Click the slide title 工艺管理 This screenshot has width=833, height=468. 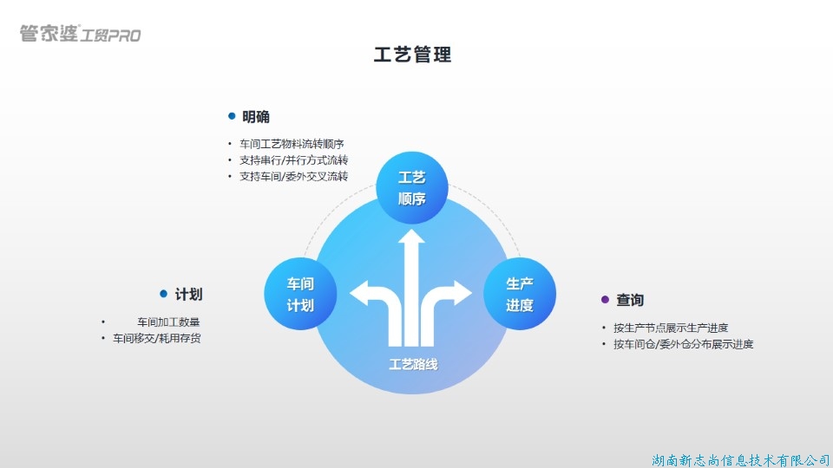point(412,55)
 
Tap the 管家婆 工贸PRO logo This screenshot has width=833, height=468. point(80,35)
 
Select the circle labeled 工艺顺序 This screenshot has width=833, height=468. point(412,188)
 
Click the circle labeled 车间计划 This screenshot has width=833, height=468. point(300,294)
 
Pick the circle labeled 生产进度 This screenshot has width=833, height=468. point(519,294)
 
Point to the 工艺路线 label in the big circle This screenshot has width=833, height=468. point(413,365)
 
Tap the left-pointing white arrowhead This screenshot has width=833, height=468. point(358,293)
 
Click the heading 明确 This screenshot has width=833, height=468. point(255,117)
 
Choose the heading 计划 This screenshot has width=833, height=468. point(188,295)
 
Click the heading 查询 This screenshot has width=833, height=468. point(630,300)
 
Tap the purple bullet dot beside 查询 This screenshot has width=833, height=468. point(606,299)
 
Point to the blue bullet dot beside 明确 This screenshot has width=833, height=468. point(232,116)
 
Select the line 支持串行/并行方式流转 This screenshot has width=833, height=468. point(293,160)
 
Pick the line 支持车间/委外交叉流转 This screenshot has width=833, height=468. point(293,177)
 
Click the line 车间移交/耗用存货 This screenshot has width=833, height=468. point(156,338)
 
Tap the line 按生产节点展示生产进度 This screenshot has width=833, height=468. point(670,328)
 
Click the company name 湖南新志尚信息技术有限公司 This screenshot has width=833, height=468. point(740,458)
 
